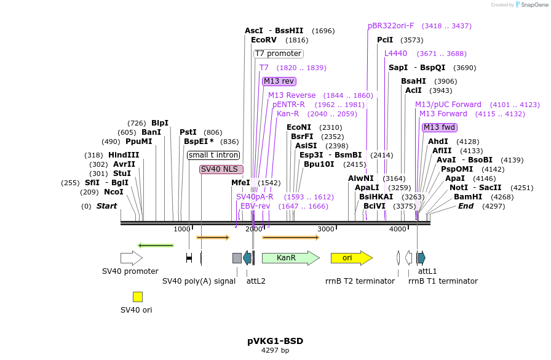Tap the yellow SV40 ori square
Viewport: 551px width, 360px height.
pos(138,297)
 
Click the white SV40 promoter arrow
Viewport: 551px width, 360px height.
pos(131,258)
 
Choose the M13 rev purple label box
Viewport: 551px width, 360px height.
pos(279,81)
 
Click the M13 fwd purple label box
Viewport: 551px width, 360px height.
pos(440,127)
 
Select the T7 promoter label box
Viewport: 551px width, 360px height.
pos(279,54)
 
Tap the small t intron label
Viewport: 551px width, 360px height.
pos(213,155)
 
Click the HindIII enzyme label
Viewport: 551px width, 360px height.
pos(124,155)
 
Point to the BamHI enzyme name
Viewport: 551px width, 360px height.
pos(467,197)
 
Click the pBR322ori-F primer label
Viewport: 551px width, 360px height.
pos(391,26)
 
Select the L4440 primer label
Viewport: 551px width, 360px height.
pos(395,54)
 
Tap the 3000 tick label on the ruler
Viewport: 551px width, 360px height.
pos(325,229)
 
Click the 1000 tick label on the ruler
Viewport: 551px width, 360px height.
pos(181,229)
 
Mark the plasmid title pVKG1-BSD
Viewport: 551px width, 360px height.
pos(275,341)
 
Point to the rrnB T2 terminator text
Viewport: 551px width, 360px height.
pos(360,281)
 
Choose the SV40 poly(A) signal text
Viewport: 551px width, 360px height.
pos(199,281)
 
